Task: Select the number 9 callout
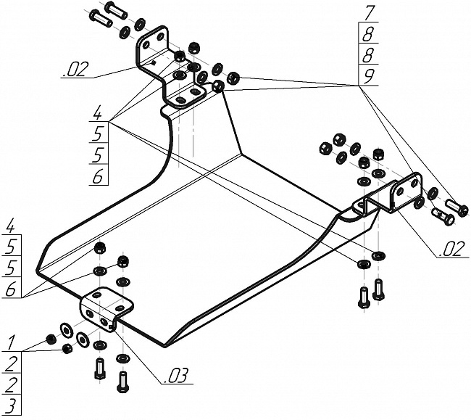(370, 75)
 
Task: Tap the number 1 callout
(12, 342)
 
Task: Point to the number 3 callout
(12, 404)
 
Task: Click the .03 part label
(178, 376)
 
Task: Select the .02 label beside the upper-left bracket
(75, 70)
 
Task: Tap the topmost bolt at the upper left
(116, 10)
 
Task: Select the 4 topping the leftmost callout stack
(12, 225)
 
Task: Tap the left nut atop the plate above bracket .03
(100, 250)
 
